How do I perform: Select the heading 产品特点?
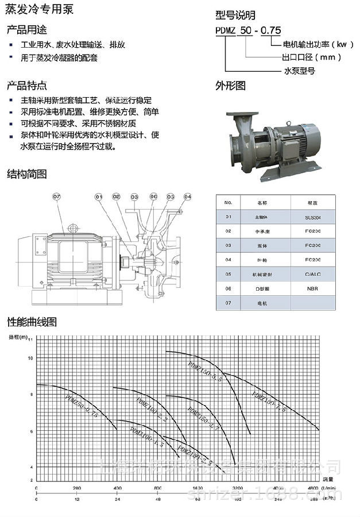(x=27, y=86)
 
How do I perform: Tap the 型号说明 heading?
(x=235, y=16)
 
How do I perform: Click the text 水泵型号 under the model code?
(x=299, y=71)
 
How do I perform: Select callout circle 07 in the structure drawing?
(x=56, y=197)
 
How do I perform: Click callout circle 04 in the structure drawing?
(x=187, y=197)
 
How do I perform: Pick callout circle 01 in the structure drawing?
(x=99, y=197)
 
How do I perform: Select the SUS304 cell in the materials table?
(x=313, y=217)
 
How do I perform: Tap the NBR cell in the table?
(x=313, y=288)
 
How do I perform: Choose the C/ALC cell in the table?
(x=313, y=274)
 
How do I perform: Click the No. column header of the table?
(x=228, y=203)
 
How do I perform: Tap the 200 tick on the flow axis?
(x=76, y=488)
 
